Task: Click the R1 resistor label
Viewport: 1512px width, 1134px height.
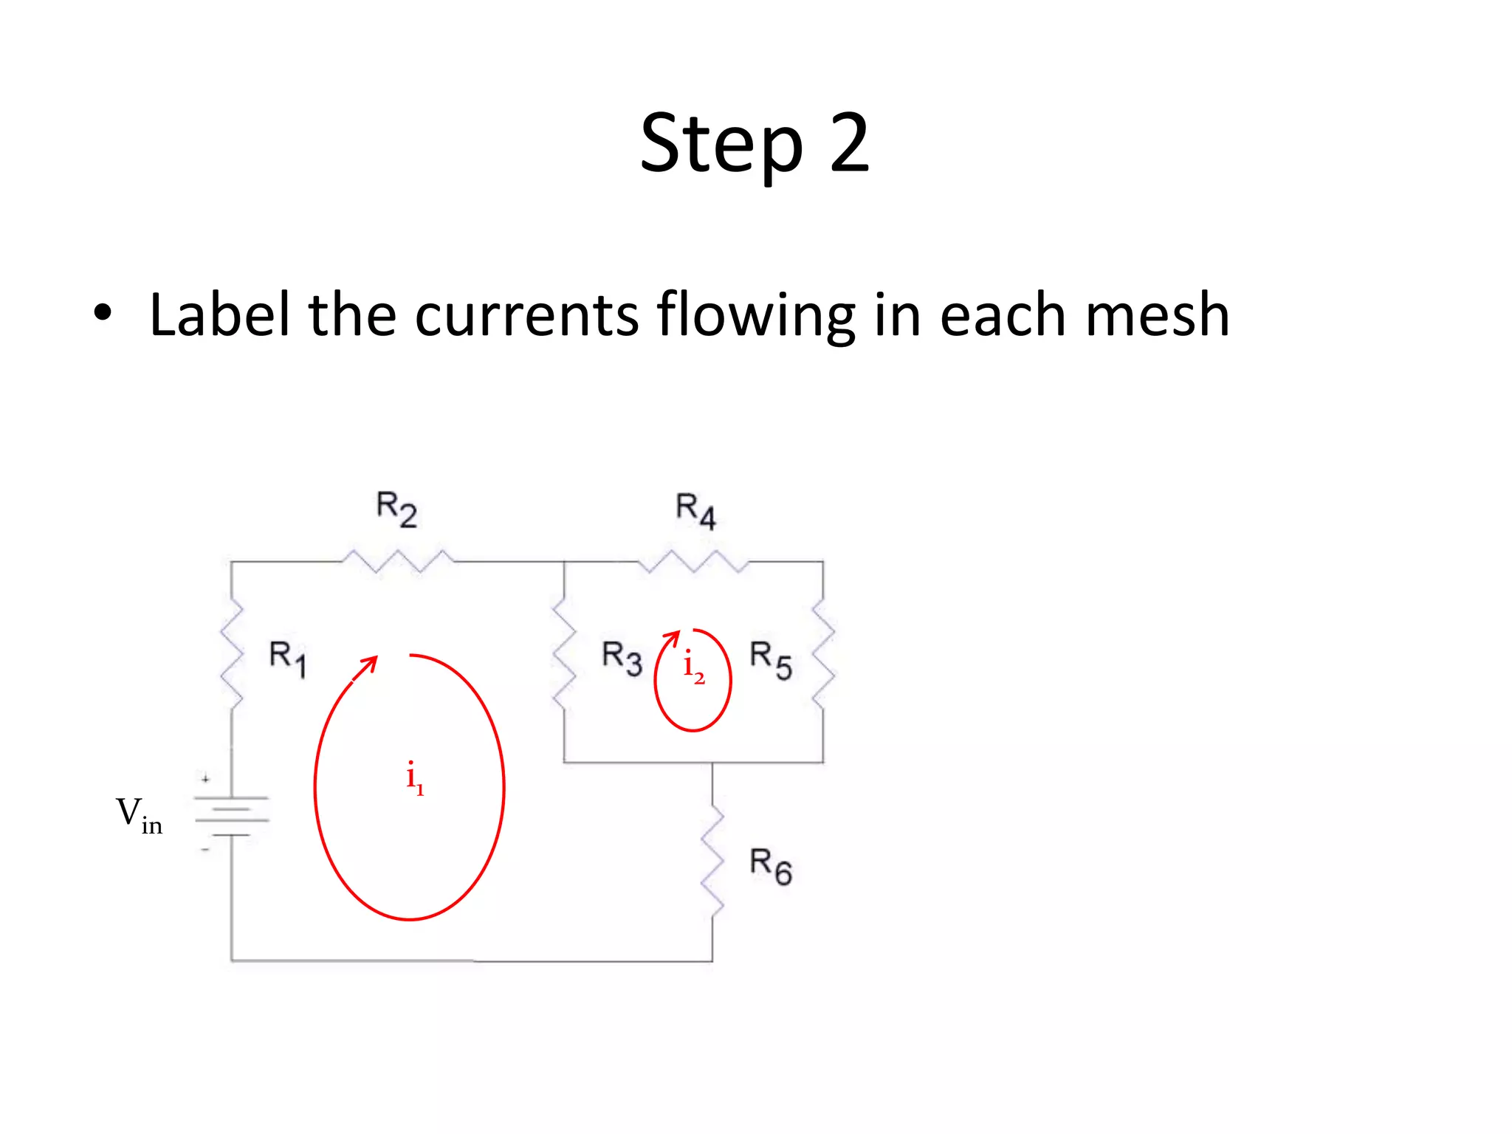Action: [287, 659]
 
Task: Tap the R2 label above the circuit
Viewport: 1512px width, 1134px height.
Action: [396, 509]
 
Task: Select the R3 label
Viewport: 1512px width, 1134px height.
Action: [622, 658]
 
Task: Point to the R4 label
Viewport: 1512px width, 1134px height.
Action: [695, 511]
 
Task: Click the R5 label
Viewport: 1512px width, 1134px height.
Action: [771, 659]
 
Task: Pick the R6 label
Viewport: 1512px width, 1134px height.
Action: [771, 866]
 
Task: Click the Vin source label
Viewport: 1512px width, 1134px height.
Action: [139, 816]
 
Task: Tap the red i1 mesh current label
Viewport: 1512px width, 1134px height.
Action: [414, 777]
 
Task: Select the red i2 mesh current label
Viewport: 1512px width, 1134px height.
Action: [693, 667]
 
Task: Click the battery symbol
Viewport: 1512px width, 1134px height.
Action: [231, 815]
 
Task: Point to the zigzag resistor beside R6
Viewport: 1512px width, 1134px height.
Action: [712, 862]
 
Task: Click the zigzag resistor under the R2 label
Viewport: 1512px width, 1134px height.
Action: [397, 561]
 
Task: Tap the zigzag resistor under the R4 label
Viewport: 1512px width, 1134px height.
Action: [693, 561]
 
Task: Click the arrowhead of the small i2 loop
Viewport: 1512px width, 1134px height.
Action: [673, 636]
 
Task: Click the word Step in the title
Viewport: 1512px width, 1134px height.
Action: [721, 145]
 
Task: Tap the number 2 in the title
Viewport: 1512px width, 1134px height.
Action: [849, 143]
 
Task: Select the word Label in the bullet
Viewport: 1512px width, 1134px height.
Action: [219, 315]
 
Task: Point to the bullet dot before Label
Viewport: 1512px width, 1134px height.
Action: [103, 314]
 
